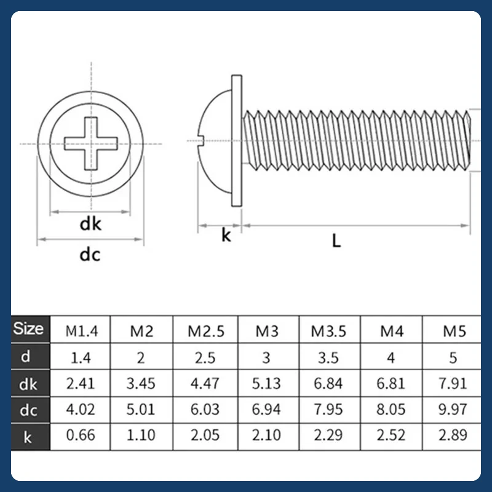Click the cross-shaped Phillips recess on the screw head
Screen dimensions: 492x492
tap(90, 144)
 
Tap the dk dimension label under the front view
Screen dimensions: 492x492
tap(90, 224)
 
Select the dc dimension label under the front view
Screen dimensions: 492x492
tap(90, 255)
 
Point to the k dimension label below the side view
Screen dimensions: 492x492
tap(226, 235)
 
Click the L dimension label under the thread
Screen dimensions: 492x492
tap(336, 241)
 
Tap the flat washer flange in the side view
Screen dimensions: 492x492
tap(237, 141)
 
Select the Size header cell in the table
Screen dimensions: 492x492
tap(28, 328)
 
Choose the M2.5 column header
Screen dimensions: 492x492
tap(206, 331)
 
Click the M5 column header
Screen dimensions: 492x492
tap(454, 331)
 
